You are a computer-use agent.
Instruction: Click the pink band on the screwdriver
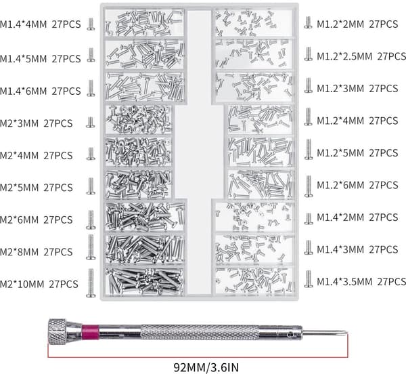pyautogui.click(x=90, y=332)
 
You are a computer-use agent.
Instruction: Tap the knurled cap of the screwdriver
pyautogui.click(x=58, y=332)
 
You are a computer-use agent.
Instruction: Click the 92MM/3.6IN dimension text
pyautogui.click(x=206, y=367)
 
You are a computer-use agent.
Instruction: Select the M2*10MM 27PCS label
pyautogui.click(x=39, y=284)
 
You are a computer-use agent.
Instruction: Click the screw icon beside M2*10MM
pyautogui.click(x=91, y=283)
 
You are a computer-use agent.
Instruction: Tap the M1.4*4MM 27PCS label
pyautogui.click(x=41, y=24)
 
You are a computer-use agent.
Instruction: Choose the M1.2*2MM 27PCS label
pyautogui.click(x=357, y=24)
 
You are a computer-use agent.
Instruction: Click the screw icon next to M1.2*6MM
pyautogui.click(x=309, y=186)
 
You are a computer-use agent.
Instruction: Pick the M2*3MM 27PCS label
pyautogui.click(x=37, y=123)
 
